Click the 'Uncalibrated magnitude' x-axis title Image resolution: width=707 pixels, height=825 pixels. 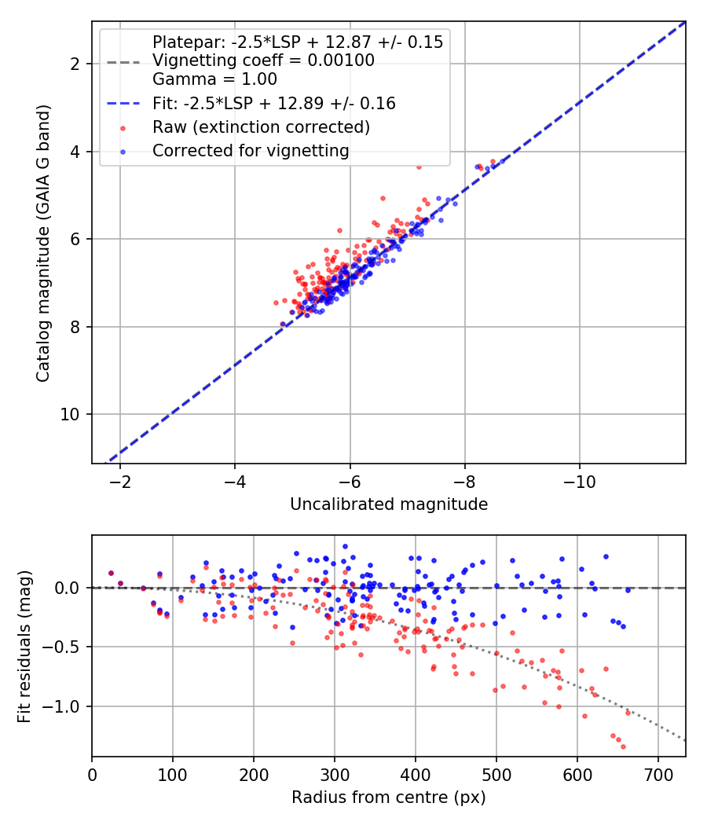(389, 504)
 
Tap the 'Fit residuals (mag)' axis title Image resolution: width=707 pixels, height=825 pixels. (24, 646)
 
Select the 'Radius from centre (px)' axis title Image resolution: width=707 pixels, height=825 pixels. (389, 797)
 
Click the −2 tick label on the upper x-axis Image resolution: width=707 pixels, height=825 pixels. (120, 480)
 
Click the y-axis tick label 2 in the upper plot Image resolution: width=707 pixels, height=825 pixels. (76, 64)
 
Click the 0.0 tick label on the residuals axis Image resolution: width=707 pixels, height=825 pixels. (69, 588)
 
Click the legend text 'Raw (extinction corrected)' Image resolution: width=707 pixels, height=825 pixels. (261, 126)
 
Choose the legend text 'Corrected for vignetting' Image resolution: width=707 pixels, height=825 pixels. (251, 150)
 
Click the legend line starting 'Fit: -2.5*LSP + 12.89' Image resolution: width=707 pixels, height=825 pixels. (273, 104)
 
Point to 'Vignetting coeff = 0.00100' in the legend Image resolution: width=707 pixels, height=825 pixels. (263, 61)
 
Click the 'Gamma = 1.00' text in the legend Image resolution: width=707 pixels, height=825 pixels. (214, 79)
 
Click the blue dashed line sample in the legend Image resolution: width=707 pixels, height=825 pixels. (123, 104)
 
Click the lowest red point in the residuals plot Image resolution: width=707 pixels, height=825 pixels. (623, 746)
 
